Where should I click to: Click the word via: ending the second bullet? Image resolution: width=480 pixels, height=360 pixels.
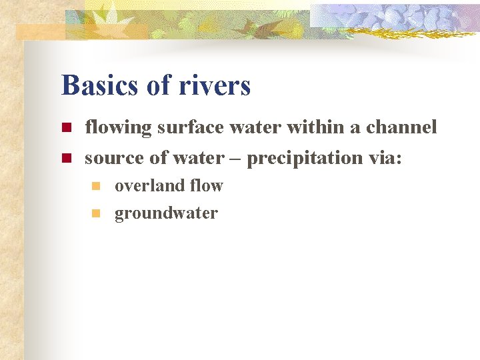(x=386, y=158)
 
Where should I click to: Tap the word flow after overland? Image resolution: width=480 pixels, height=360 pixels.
(x=206, y=186)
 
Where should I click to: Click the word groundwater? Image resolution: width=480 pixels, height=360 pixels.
(x=166, y=214)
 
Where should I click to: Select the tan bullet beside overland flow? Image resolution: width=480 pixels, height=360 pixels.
(x=96, y=186)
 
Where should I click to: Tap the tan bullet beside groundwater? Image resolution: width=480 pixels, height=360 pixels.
(x=96, y=213)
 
